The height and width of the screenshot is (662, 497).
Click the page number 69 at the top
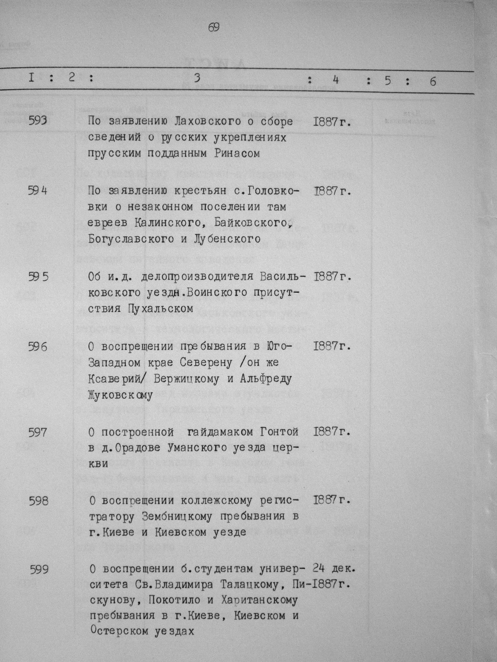click(214, 28)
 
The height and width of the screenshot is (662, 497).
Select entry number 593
click(38, 121)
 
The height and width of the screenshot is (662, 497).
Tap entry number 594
click(38, 191)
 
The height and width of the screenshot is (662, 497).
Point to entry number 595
click(38, 276)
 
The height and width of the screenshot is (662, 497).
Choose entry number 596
click(38, 346)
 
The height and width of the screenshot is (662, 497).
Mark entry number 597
click(38, 432)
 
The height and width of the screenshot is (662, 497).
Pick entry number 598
click(38, 500)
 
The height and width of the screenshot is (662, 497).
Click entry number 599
click(39, 569)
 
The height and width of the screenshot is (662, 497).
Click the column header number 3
click(197, 79)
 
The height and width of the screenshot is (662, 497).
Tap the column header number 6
click(432, 81)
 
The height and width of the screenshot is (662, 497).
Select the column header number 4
click(335, 80)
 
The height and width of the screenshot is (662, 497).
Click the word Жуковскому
click(120, 395)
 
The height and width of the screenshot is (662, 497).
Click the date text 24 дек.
click(334, 567)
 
